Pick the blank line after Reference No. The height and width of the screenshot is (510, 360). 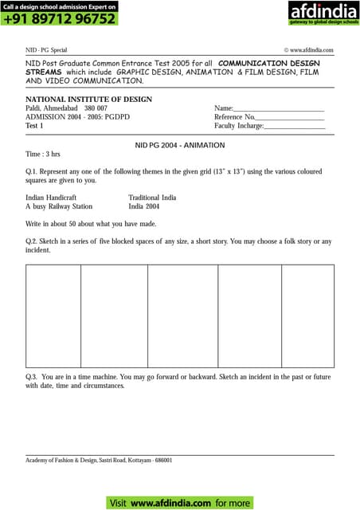[x=291, y=117]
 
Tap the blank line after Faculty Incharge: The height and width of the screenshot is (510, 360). [x=295, y=126]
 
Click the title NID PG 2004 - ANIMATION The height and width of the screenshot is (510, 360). [x=180, y=145]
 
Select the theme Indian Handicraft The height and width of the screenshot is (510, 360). [x=51, y=197]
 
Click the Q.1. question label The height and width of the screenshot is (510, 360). [x=33, y=180]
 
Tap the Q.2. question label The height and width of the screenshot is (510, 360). [x=33, y=241]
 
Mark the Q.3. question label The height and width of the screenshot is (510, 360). [x=33, y=375]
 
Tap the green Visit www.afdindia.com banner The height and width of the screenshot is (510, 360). [x=180, y=503]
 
